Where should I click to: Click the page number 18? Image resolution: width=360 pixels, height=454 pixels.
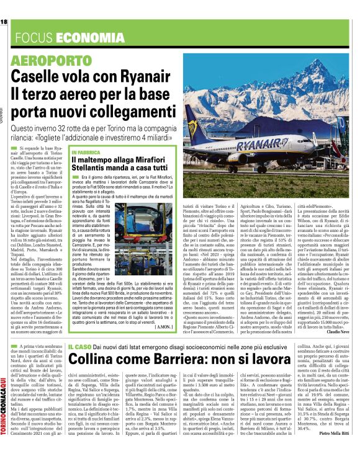point(4,22)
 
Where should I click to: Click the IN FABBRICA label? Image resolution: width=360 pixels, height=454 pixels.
point(87,152)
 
